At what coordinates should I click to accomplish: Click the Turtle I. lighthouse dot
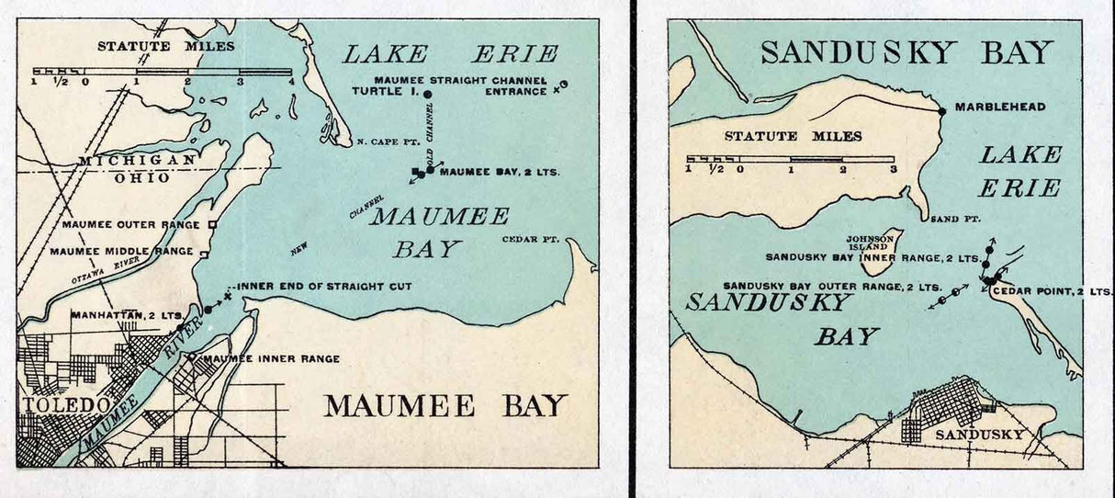click(427, 94)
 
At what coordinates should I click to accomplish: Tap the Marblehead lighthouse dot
click(942, 110)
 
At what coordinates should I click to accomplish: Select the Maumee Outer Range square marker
click(212, 223)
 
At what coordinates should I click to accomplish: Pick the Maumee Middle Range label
click(121, 251)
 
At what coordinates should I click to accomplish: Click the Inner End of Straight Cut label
click(323, 287)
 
